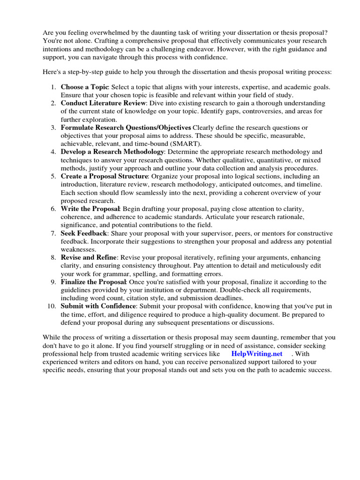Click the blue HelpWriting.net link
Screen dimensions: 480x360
(x=257, y=354)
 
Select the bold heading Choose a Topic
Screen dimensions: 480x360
(x=84, y=87)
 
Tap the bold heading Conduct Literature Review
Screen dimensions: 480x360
(x=104, y=103)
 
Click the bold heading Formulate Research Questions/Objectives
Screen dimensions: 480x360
(x=126, y=127)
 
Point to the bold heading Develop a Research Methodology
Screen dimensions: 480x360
(x=112, y=152)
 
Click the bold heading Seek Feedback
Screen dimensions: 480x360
(x=84, y=233)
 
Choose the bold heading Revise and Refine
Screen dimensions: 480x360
(x=89, y=258)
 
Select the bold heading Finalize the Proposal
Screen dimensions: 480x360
(x=93, y=282)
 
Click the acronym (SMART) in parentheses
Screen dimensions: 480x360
(x=185, y=143)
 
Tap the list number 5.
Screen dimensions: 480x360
(x=53, y=176)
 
